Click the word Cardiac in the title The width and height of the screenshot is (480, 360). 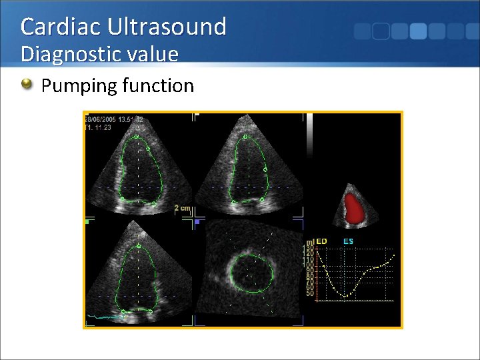click(x=59, y=27)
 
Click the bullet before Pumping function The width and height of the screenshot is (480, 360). click(x=27, y=85)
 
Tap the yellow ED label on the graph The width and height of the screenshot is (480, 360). click(x=321, y=241)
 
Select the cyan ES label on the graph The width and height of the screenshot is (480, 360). click(x=348, y=241)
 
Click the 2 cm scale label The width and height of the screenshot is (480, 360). click(x=182, y=208)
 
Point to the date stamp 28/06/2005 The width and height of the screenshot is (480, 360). click(x=100, y=120)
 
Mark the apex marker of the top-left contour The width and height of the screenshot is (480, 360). click(x=137, y=137)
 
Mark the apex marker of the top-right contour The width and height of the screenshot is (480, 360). click(x=245, y=137)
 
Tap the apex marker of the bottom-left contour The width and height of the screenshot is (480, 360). click(x=138, y=247)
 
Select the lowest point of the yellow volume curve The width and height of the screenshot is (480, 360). click(x=345, y=295)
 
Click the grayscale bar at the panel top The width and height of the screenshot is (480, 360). click(x=309, y=133)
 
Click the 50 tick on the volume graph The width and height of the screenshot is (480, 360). click(x=310, y=293)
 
